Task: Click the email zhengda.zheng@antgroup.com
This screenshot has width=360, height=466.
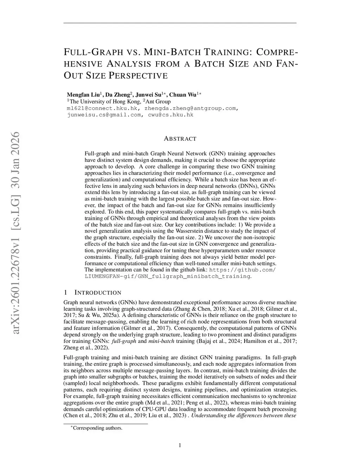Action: click(x=191, y=108)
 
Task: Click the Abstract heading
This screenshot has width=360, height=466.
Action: click(x=180, y=139)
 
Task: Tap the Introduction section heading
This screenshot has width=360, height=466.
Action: click(x=98, y=293)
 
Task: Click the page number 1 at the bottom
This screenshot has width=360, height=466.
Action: click(x=180, y=445)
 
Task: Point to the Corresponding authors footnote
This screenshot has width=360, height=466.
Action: click(x=97, y=428)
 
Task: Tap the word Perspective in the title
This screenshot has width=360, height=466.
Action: click(x=138, y=75)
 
